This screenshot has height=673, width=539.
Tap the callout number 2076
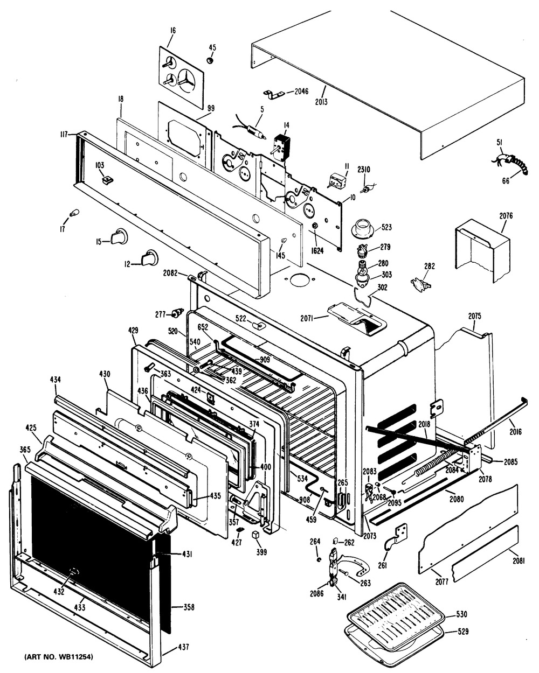(506, 216)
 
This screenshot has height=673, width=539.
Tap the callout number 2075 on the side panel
(474, 316)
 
